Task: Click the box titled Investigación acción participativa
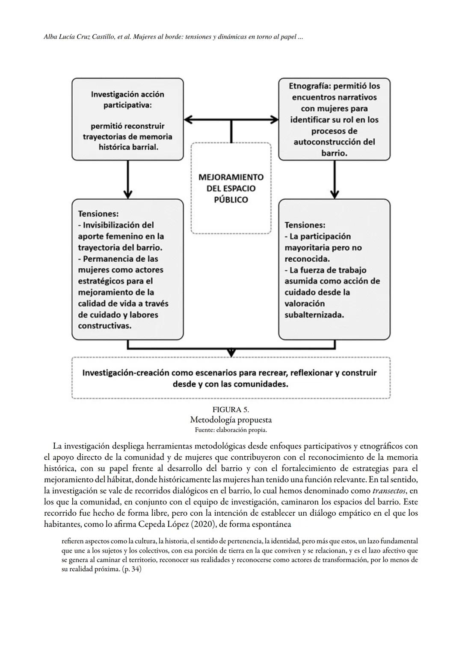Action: click(127, 119)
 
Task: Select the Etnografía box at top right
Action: click(334, 119)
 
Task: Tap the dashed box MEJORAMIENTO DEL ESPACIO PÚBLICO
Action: click(231, 188)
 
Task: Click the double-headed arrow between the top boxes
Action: click(231, 120)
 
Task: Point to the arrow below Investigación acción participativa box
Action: click(127, 180)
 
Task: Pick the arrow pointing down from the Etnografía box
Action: click(335, 180)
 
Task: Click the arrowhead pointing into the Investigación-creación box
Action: click(231, 353)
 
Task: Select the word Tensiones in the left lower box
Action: click(98, 214)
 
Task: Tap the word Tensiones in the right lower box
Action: click(305, 225)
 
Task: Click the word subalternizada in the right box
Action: click(314, 315)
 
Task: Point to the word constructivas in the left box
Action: click(105, 326)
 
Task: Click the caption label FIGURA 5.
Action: click(231, 410)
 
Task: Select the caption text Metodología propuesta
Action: click(231, 420)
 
